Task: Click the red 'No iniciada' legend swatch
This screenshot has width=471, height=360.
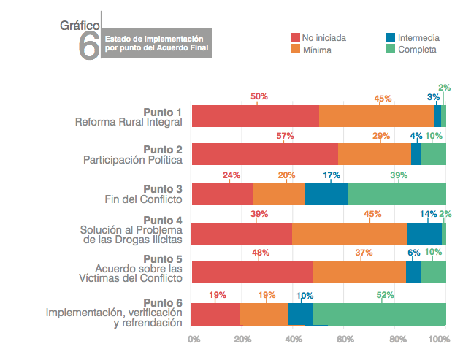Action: [295, 37]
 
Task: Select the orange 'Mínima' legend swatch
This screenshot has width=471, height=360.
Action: [295, 50]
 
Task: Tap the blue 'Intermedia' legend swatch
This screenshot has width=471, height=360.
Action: [391, 37]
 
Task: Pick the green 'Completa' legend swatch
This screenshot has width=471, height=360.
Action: [391, 50]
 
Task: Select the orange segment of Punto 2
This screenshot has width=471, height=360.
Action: [374, 154]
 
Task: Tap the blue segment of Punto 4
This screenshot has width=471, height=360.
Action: [424, 233]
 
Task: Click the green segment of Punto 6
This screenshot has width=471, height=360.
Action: [379, 314]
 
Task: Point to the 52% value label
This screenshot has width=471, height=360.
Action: [386, 295]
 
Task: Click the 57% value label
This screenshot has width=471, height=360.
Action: [285, 136]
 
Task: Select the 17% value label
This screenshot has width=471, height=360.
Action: [331, 175]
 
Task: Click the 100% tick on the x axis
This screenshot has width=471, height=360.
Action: [440, 339]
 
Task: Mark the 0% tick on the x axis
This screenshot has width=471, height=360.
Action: [194, 339]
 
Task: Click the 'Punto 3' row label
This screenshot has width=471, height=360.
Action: [161, 188]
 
